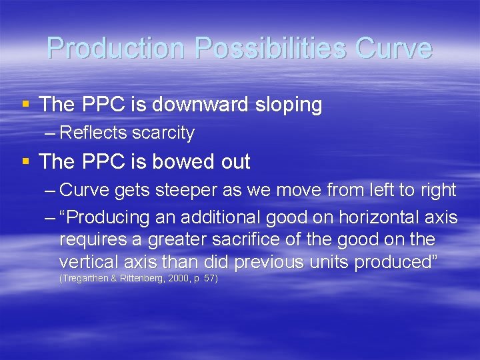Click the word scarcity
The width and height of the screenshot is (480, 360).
163,133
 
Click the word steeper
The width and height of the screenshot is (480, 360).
185,191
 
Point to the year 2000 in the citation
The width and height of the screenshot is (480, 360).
177,278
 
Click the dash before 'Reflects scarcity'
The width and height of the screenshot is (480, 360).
49,133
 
